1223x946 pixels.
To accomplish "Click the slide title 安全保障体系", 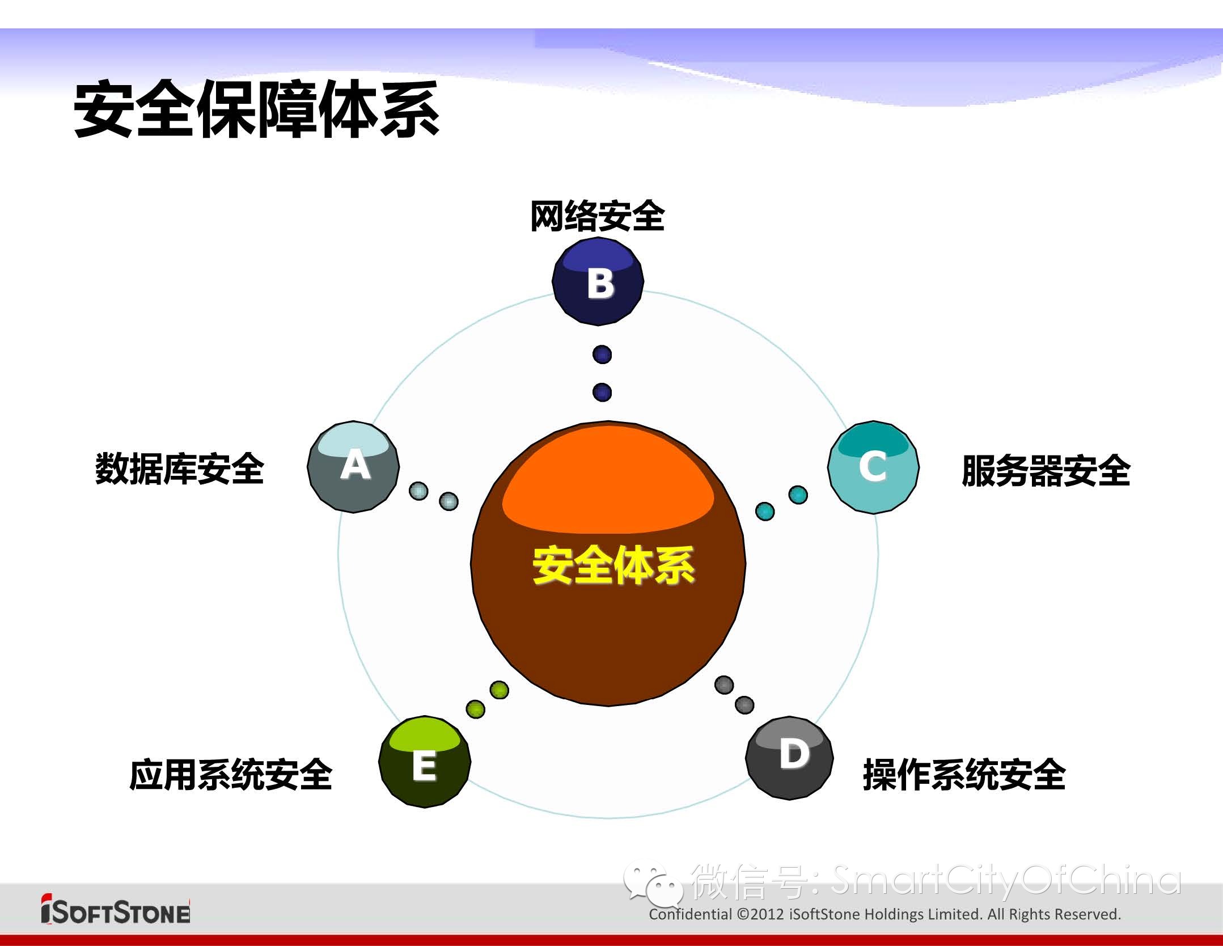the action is coord(257,109).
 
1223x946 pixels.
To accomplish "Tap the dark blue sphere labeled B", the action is coord(598,281).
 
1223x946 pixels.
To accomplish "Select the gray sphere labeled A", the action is coord(353,467).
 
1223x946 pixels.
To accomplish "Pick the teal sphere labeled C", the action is coord(873,467).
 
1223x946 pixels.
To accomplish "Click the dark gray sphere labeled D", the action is coord(789,758).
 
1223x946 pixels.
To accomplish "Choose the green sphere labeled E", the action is coord(425,762).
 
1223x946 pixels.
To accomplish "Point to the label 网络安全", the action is coord(598,216).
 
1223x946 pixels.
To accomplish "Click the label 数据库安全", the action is coord(180,469).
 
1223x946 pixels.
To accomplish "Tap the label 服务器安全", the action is coord(1046,471).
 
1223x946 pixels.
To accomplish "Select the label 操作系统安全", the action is coord(964,775).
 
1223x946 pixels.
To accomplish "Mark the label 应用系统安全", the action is coord(231,775).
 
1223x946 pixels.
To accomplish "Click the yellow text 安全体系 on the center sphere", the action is coord(613,565).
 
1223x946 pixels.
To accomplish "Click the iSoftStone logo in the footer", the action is coord(116,909).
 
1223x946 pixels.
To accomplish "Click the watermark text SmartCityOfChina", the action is coord(1006,881).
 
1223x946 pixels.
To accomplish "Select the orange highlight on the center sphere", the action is coord(608,479).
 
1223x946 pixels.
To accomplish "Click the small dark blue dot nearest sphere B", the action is coord(602,354).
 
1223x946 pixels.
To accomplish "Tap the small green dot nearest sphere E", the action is coord(476,708).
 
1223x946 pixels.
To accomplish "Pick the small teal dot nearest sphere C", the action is coord(798,495).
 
